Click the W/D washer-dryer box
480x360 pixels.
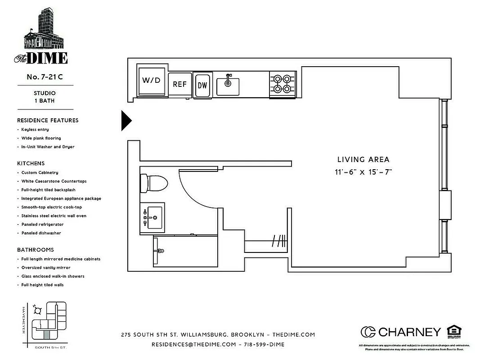click(151, 81)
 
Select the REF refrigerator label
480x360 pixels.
click(179, 84)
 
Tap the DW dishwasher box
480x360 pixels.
click(202, 85)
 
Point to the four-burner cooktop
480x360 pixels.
click(283, 84)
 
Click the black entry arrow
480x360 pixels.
click(126, 121)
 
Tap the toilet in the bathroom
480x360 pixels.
click(153, 182)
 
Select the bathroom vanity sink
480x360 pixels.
click(152, 218)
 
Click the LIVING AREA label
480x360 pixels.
click(363, 159)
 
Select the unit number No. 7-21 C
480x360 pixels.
click(44, 77)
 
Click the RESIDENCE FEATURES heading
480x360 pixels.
click(48, 120)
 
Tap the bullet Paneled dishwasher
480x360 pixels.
click(41, 233)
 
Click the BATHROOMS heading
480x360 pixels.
click(35, 250)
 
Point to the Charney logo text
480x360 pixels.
click(409, 332)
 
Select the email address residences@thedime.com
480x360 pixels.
click(193, 344)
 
